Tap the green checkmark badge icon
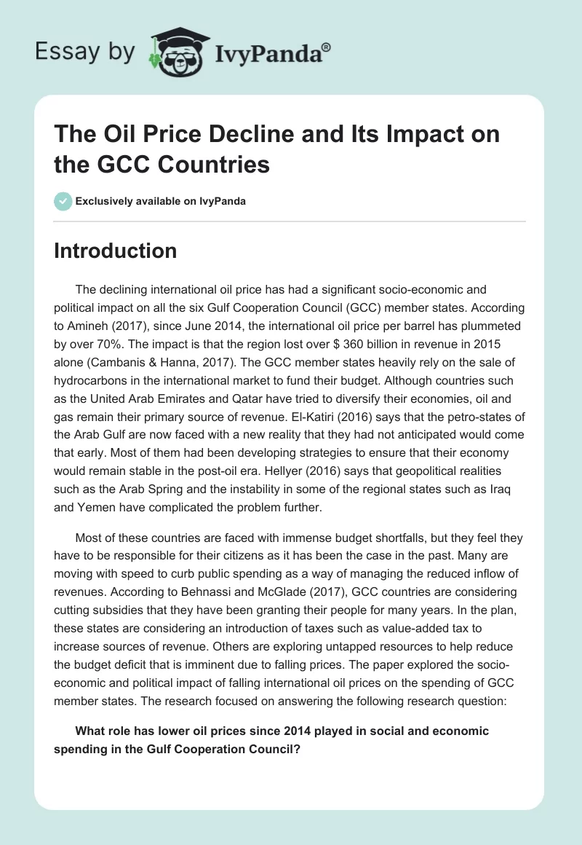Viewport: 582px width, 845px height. point(63,201)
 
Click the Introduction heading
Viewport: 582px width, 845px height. point(115,251)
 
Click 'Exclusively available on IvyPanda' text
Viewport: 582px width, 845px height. point(161,201)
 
